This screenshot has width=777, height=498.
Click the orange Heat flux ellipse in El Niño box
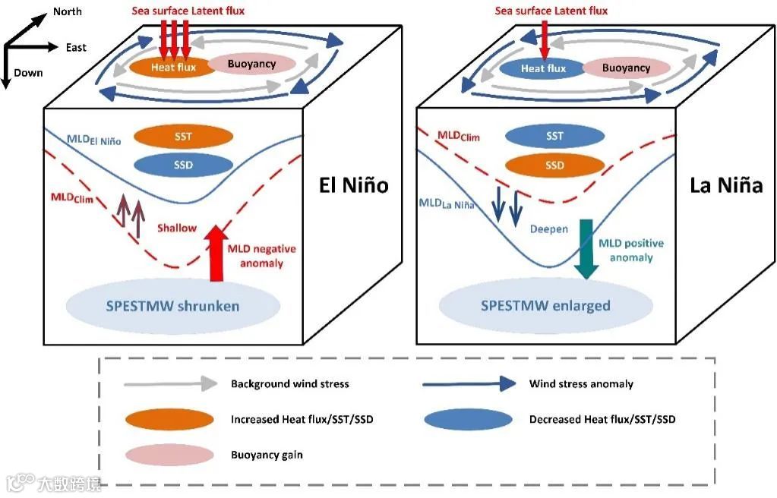click(x=173, y=67)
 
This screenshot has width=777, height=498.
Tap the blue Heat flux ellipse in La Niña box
click(x=543, y=68)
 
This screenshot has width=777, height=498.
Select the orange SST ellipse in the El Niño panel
click(x=183, y=137)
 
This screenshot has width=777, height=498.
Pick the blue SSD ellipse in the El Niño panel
click(x=183, y=165)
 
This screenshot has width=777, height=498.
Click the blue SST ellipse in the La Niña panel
click(x=554, y=137)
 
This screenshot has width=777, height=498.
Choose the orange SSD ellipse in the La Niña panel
click(x=554, y=165)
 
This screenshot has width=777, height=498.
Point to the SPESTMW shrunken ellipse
click(x=173, y=306)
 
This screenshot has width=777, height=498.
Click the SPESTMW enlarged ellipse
click(x=545, y=306)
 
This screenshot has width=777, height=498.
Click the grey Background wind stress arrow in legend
click(x=170, y=384)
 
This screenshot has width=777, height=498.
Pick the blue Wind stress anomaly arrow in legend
click(x=469, y=384)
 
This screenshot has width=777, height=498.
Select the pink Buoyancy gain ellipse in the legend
click(x=170, y=455)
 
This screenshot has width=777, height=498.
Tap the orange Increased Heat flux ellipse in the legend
click(x=170, y=419)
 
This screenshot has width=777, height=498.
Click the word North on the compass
click(x=68, y=11)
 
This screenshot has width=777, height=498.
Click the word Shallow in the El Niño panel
click(x=176, y=228)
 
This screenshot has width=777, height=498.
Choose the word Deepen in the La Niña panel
click(x=548, y=229)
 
